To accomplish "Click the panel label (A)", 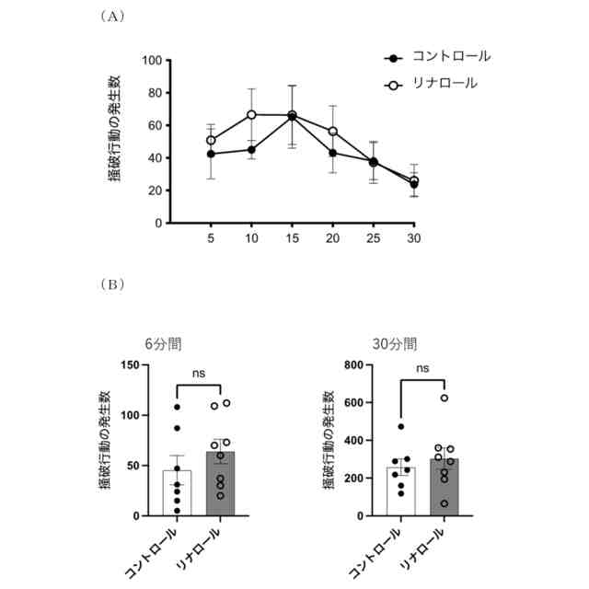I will [x=111, y=16].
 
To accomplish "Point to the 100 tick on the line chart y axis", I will [x=152, y=61].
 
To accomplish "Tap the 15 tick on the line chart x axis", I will [x=292, y=237].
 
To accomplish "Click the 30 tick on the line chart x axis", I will [x=414, y=237].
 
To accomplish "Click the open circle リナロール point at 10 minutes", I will [x=251, y=114].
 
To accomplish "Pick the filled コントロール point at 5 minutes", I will [x=211, y=154].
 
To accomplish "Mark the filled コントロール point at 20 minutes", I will [x=332, y=153].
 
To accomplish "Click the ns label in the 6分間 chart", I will [x=198, y=373].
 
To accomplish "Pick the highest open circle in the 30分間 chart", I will [x=445, y=398].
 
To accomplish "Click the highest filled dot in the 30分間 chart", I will [x=400, y=427].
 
